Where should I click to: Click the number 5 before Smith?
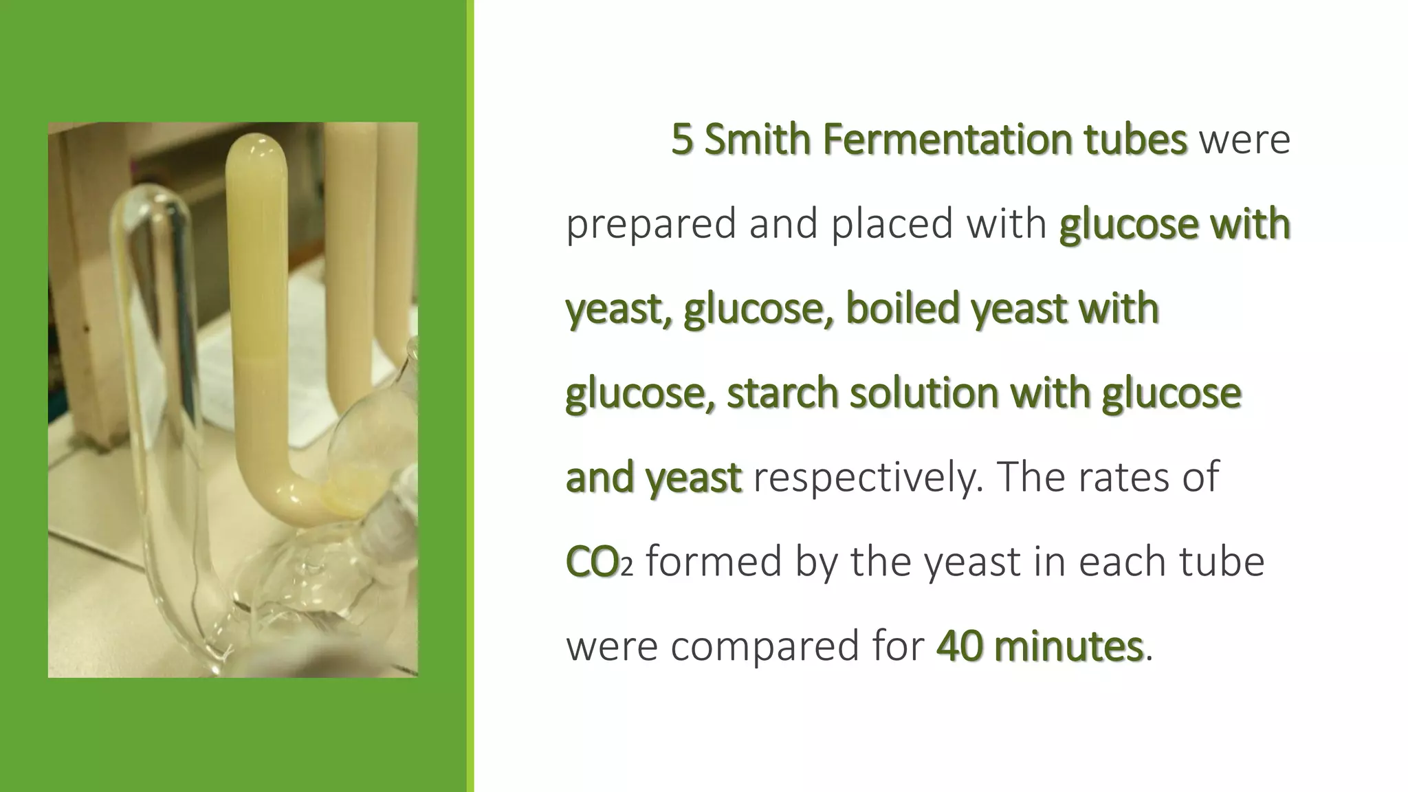(682, 140)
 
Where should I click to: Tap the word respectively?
(864, 478)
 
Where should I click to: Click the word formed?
(714, 562)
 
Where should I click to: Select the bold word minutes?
(1068, 646)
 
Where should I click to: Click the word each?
(1124, 562)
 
